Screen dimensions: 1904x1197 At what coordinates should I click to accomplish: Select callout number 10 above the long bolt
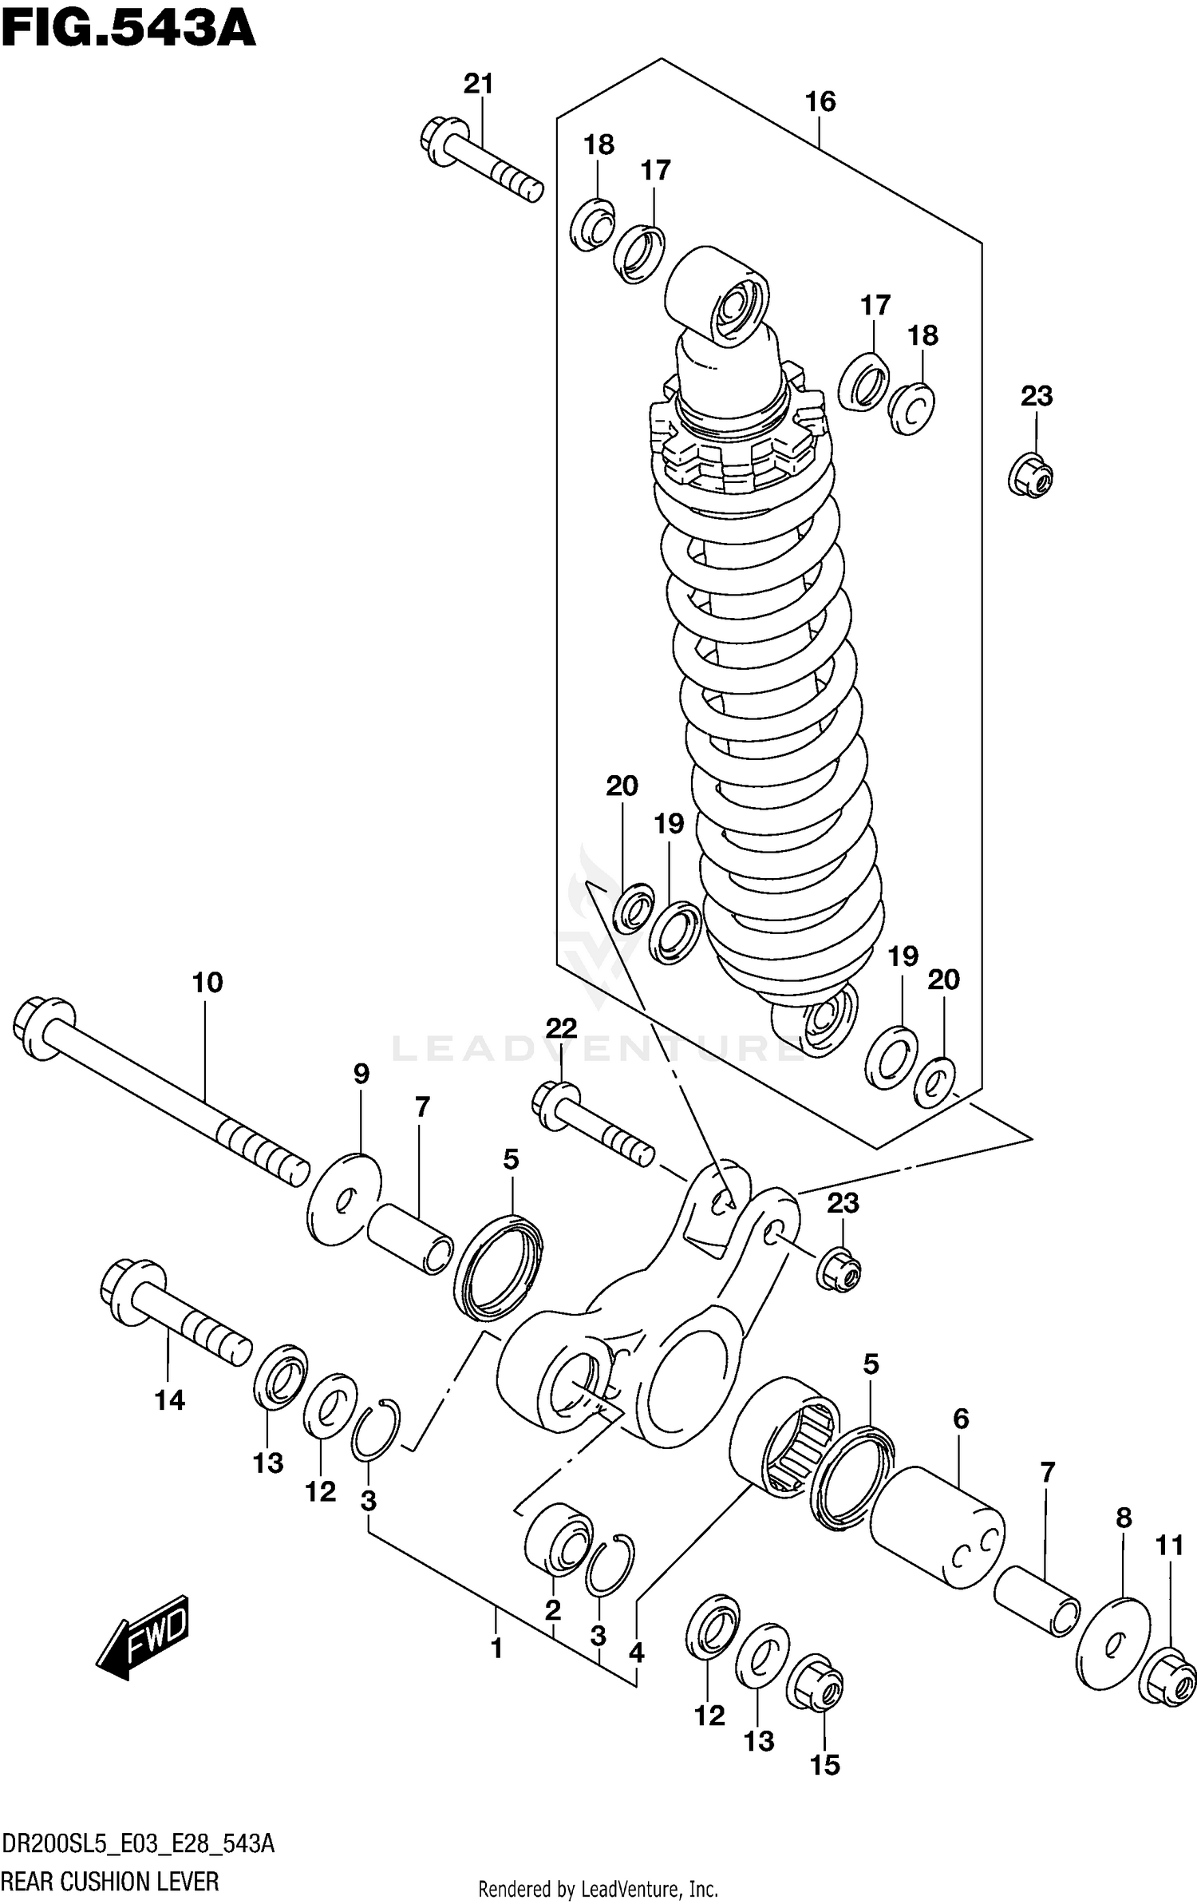(207, 982)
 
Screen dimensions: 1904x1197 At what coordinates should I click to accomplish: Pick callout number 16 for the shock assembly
(820, 101)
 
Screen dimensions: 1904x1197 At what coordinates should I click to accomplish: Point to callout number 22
(561, 1028)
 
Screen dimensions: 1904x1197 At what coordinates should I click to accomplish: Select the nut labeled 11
(1171, 1677)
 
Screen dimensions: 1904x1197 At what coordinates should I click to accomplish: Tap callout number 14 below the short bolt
(169, 1400)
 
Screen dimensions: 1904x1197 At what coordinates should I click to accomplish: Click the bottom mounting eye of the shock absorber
(817, 1021)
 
